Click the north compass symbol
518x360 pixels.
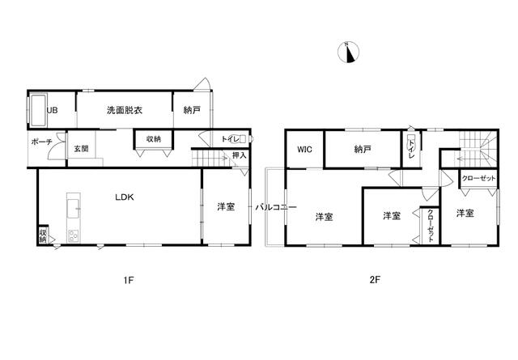tap(348, 52)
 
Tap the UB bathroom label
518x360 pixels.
tap(52, 110)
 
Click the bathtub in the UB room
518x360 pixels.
tap(38, 110)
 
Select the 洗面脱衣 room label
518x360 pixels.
tap(125, 110)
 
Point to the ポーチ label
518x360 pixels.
tap(41, 142)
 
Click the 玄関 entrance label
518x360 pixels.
tap(81, 149)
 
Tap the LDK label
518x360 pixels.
tap(125, 197)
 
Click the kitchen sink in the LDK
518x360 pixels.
tap(74, 209)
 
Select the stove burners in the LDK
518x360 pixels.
tap(73, 235)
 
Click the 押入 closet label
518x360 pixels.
tap(240, 155)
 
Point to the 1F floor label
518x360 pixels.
tap(129, 281)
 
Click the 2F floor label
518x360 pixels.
tap(375, 280)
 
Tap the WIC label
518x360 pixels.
tap(304, 150)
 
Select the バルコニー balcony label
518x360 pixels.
tap(276, 207)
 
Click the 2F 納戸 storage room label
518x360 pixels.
tap(363, 150)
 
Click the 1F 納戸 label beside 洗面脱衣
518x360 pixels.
tap(192, 110)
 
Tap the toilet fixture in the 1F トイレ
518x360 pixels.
tap(241, 139)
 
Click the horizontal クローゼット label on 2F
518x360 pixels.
tap(478, 178)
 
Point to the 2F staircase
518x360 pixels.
tap(477, 148)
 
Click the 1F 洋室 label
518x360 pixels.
tap(226, 207)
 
